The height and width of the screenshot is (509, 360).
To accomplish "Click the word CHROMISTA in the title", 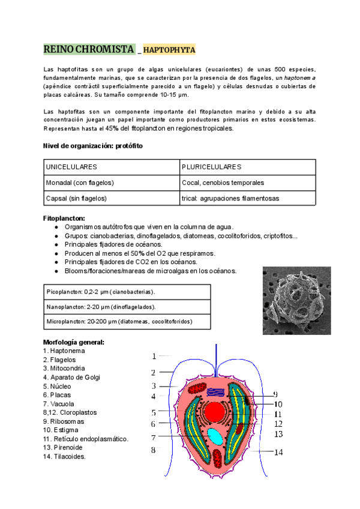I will click(104, 49).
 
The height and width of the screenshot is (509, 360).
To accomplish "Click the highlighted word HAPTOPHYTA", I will click(169, 50).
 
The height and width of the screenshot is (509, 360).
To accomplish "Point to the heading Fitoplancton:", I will click(64, 218).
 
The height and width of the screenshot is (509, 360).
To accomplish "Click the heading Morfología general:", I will click(73, 342).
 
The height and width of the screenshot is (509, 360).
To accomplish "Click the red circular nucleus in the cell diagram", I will click(214, 412).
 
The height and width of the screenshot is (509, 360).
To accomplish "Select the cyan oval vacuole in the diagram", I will click(214, 436).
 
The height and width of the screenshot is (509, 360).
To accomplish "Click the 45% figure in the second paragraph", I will click(112, 128).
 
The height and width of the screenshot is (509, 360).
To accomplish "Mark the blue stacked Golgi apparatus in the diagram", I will click(214, 391).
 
